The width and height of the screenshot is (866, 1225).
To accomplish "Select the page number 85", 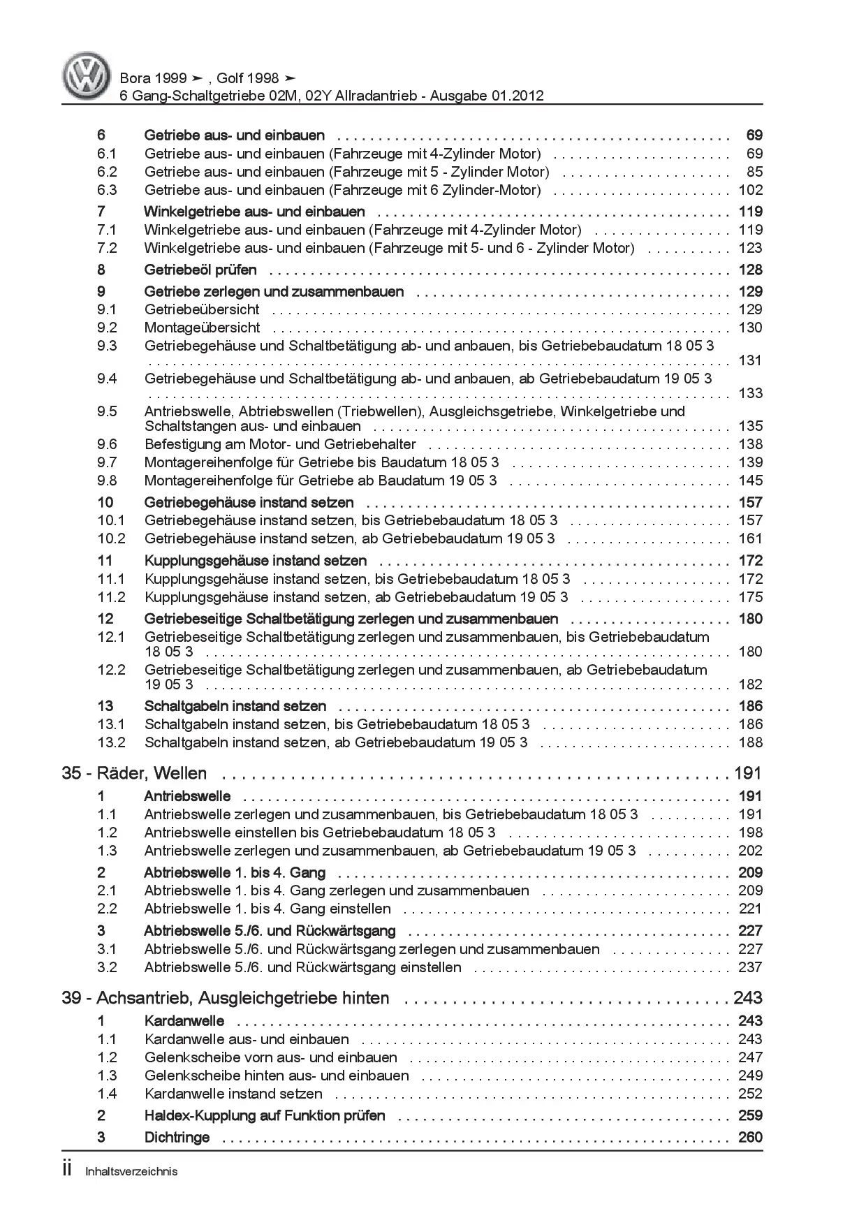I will pos(754,172).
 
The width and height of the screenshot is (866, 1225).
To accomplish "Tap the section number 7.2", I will pos(107,248).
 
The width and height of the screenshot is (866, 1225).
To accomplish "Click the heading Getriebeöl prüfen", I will pos(200,270).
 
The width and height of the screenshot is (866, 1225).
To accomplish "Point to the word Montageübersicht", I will pos(202,328).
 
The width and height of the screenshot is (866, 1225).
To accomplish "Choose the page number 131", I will pos(750,360).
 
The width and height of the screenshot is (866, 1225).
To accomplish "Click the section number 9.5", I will pos(107,411).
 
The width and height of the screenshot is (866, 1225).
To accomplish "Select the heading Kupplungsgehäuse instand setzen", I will pos(255,560).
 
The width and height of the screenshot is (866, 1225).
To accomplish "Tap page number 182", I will pos(750,684).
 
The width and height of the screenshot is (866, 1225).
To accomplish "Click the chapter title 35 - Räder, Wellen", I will pos(134,773).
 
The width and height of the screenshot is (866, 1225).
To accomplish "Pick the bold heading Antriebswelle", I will pos(187,796).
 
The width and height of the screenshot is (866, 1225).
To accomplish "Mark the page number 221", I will pos(750,909).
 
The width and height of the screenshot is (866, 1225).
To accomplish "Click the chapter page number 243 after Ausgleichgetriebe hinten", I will pos(747,998).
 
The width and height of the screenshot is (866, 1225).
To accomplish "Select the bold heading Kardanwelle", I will pos(184,1021).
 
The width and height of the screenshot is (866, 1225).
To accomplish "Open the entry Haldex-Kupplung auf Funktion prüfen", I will pos(264,1115).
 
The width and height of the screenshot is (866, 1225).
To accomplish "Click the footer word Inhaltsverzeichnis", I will pos(131,1171).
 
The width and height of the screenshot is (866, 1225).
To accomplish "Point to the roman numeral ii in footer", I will pos(67,1170).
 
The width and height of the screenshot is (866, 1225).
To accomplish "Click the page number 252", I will pos(750,1094).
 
